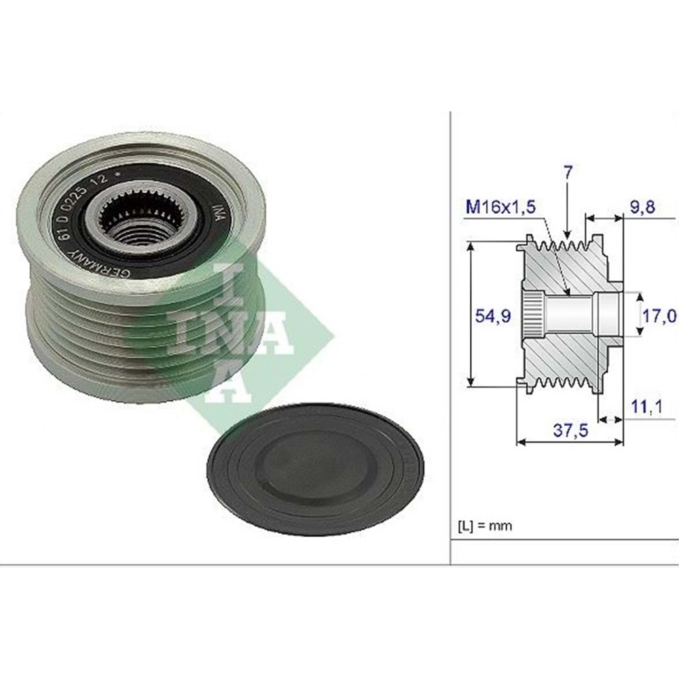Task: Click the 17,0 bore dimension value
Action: pyautogui.click(x=661, y=315)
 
